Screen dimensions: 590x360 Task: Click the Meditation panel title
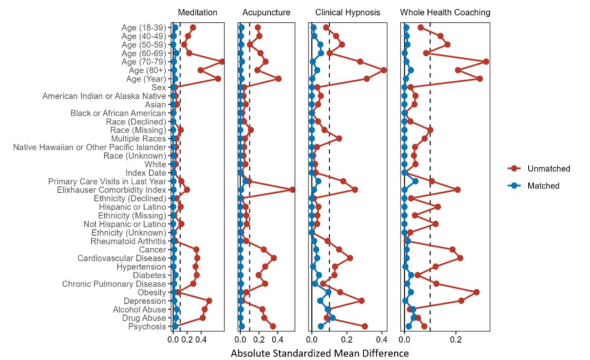[197, 12]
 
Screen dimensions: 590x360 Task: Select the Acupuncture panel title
[266, 12]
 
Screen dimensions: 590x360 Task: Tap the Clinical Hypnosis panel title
[348, 12]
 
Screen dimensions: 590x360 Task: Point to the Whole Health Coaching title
[445, 12]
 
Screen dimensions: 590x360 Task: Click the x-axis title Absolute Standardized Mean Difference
[320, 353]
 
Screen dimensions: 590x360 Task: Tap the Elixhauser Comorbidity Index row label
[112, 190]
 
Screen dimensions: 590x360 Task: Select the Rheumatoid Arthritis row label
[128, 241]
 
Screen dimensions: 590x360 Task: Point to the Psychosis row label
[147, 326]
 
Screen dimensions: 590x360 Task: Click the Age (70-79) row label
[143, 62]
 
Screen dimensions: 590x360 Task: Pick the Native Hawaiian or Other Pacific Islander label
[90, 147]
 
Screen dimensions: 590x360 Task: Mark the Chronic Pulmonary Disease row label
[114, 284]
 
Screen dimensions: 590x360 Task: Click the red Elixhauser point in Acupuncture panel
[292, 190]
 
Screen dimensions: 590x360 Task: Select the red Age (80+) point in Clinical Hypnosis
[383, 70]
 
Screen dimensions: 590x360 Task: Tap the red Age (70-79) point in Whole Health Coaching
[486, 62]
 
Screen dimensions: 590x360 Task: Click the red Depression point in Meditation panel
[209, 301]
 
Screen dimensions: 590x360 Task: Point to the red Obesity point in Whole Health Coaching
[476, 292]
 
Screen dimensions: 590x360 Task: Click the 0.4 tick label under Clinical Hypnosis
[381, 339]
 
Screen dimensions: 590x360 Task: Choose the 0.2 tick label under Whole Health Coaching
[456, 339]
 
